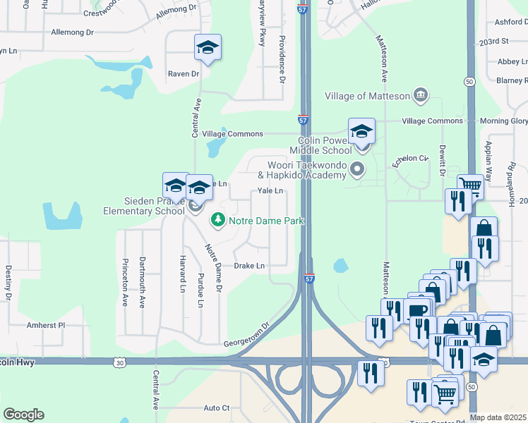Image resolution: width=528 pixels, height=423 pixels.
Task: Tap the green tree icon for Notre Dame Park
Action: coord(218,221)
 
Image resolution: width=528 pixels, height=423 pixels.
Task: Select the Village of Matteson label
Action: coord(368,96)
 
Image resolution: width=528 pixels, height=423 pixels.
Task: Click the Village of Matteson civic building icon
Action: coord(421,94)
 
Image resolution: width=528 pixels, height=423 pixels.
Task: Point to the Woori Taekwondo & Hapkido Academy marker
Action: coord(357,168)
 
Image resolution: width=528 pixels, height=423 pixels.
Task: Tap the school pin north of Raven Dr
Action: coord(208,48)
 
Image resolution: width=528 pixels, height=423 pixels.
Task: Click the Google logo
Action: coord(23,415)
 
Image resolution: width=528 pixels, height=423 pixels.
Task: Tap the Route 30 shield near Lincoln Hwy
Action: coord(119,362)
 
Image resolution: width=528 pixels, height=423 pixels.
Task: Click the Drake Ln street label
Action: coord(249,266)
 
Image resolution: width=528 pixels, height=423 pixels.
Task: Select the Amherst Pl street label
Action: coord(46,325)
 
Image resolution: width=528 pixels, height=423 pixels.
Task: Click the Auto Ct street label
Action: coord(217,407)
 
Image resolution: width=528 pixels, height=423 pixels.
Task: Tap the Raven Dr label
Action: coord(184,73)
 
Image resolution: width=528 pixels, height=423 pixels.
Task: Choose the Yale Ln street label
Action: coord(270,191)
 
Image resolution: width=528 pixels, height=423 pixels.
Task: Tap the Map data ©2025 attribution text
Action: coord(498,418)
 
